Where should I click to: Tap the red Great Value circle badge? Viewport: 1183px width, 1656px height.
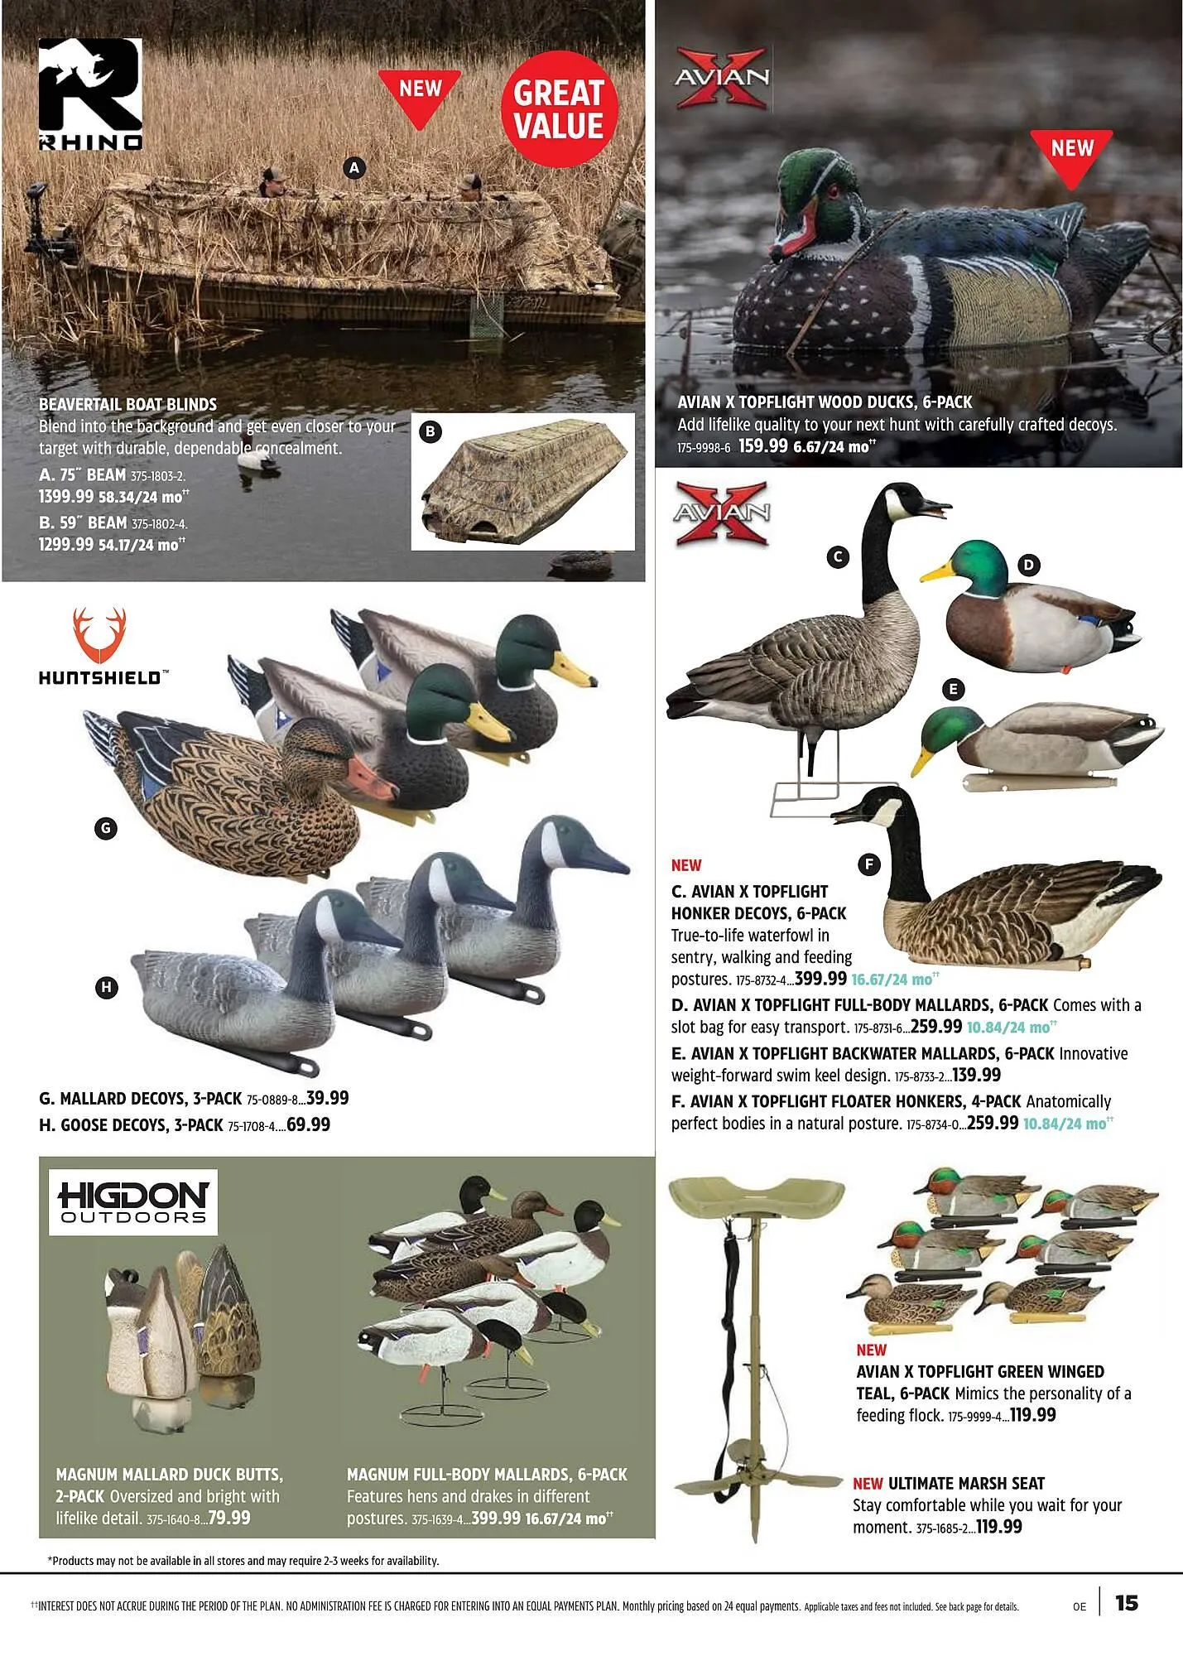(559, 109)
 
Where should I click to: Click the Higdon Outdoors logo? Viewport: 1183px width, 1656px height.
(133, 1201)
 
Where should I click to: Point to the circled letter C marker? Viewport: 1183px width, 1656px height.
(838, 557)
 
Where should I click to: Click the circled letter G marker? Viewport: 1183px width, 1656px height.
(105, 828)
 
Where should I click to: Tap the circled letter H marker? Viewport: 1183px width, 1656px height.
(106, 987)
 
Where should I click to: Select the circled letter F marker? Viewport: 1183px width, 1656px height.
(869, 864)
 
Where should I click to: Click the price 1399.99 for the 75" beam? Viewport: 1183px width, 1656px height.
(66, 497)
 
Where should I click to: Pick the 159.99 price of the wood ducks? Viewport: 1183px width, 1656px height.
(762, 446)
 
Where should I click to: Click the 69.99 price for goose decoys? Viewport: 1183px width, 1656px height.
(308, 1124)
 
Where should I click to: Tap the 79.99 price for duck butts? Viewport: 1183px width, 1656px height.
(229, 1518)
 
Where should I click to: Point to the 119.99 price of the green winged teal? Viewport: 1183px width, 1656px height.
(1032, 1415)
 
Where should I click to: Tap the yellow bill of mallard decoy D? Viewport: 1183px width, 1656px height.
(937, 572)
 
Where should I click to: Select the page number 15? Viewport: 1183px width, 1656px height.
(1127, 1603)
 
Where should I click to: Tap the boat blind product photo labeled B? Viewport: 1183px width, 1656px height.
(522, 483)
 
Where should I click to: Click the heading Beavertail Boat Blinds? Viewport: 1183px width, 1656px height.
(127, 405)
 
